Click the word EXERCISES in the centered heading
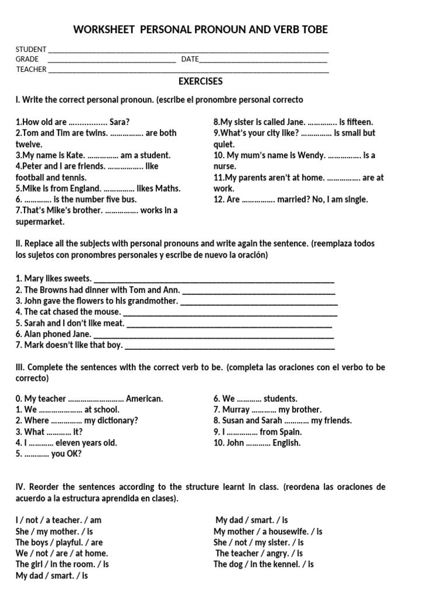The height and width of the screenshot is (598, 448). tap(200, 82)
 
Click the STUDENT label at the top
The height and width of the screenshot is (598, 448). tap(31, 50)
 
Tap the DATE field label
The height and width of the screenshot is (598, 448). tap(190, 59)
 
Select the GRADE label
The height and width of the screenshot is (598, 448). tap(27, 59)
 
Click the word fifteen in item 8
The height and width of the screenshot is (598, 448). tap(360, 122)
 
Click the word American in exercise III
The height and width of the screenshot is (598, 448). tap(145, 399)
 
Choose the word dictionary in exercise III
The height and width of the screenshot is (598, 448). tap(118, 420)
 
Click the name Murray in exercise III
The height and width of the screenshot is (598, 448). tap(236, 410)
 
